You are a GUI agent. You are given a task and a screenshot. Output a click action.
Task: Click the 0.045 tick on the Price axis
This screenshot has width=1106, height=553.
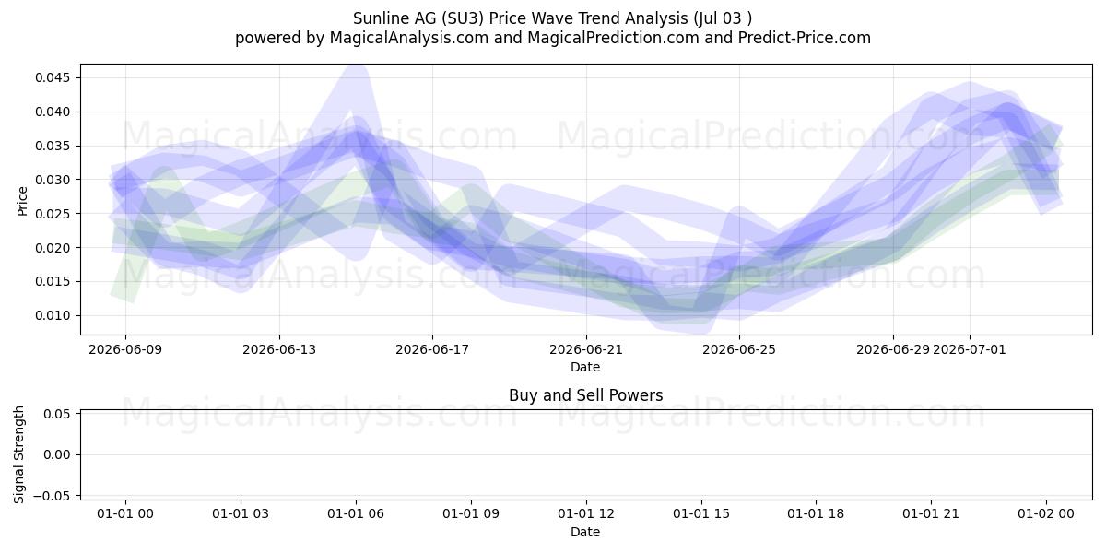tap(53, 77)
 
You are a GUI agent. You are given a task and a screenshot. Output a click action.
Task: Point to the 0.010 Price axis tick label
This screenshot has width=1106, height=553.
tap(53, 315)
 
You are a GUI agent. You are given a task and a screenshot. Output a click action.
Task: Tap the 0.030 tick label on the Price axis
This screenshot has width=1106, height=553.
tap(53, 180)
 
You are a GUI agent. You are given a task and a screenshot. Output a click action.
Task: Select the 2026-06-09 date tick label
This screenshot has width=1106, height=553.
tap(125, 349)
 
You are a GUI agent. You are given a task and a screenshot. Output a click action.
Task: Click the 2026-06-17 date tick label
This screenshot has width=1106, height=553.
tap(432, 349)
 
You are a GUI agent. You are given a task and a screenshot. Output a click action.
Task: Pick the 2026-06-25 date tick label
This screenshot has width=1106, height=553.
tap(739, 349)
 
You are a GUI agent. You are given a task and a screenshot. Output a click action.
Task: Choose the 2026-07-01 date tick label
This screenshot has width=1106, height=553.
tap(970, 349)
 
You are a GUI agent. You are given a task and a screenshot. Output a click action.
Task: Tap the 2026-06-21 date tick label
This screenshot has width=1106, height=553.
tap(586, 349)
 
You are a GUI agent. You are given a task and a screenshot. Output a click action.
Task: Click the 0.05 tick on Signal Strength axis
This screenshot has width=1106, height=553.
tap(57, 414)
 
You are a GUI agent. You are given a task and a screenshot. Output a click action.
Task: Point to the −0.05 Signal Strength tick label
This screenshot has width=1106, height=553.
tap(53, 496)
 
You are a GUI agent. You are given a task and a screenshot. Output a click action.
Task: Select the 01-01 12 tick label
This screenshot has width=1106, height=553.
tap(586, 514)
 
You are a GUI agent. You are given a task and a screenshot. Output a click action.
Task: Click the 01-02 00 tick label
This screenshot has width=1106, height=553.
tap(1046, 514)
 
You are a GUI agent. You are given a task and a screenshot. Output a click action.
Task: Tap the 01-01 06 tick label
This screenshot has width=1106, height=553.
tap(356, 514)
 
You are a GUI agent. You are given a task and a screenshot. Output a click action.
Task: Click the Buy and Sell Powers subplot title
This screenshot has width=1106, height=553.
tap(585, 395)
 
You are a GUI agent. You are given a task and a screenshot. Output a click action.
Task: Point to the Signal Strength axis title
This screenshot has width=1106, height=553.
tap(18, 454)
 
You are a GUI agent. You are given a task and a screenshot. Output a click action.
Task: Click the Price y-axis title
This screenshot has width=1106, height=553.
tap(22, 202)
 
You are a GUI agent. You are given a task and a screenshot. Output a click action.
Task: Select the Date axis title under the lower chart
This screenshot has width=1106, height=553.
tap(585, 533)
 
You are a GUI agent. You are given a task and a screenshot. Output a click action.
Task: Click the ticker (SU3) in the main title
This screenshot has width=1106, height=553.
tap(465, 18)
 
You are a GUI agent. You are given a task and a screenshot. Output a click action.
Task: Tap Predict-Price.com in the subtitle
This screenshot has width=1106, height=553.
tap(805, 38)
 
